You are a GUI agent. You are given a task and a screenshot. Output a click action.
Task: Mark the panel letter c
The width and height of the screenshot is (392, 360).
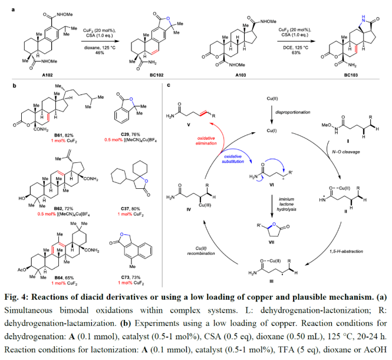170,86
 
